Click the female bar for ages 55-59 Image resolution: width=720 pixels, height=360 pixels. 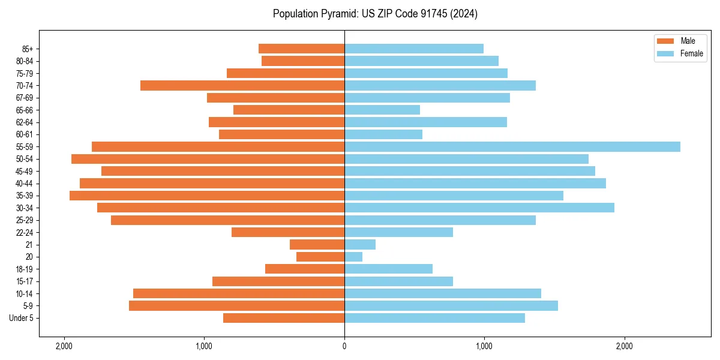pyautogui.click(x=512, y=146)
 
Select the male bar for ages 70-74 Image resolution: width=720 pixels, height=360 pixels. pyautogui.click(x=242, y=85)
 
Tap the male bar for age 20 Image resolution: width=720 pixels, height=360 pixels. pyautogui.click(x=320, y=257)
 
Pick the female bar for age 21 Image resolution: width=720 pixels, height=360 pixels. pyautogui.click(x=360, y=244)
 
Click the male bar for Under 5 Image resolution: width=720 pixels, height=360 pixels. pyautogui.click(x=284, y=318)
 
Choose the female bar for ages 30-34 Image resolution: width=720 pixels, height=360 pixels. pyautogui.click(x=479, y=208)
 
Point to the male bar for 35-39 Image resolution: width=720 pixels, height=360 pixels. pyautogui.click(x=207, y=196)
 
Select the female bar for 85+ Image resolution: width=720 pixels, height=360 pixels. pyautogui.click(x=414, y=49)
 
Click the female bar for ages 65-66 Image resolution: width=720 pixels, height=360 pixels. pyautogui.click(x=382, y=110)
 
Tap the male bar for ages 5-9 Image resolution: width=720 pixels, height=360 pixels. pyautogui.click(x=236, y=305)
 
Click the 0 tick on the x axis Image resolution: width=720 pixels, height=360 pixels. pyautogui.click(x=344, y=346)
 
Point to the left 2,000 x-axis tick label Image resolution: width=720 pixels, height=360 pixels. pyautogui.click(x=64, y=346)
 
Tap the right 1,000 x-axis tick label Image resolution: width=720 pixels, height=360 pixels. pyautogui.click(x=484, y=346)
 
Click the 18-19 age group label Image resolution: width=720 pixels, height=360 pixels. pyautogui.click(x=24, y=269)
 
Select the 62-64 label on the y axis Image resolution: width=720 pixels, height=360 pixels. pyautogui.click(x=24, y=122)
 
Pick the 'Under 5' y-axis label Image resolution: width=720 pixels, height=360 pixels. pyautogui.click(x=22, y=318)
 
